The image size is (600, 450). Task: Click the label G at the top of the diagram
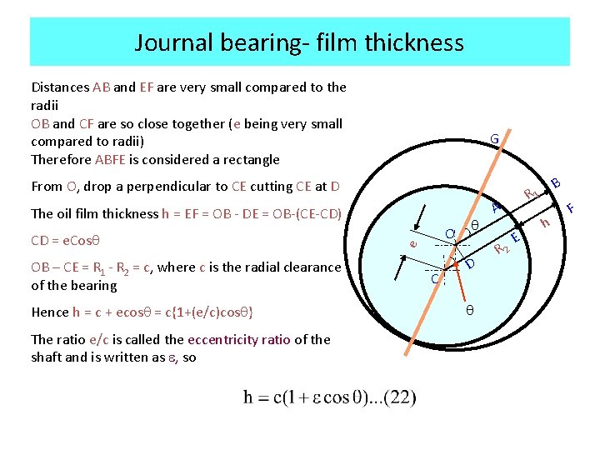(x=494, y=138)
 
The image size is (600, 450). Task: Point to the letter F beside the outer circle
(x=571, y=206)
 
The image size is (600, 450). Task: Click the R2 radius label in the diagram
(x=501, y=247)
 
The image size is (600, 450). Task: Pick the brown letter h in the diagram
(x=545, y=222)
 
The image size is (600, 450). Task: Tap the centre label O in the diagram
(x=449, y=234)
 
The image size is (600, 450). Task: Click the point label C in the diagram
(x=434, y=278)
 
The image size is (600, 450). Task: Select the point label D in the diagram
(x=470, y=264)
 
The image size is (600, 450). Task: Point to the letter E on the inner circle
(x=515, y=238)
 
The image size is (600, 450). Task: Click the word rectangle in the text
(x=247, y=159)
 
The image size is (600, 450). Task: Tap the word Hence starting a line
(x=50, y=312)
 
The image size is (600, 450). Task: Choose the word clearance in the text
(x=307, y=267)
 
